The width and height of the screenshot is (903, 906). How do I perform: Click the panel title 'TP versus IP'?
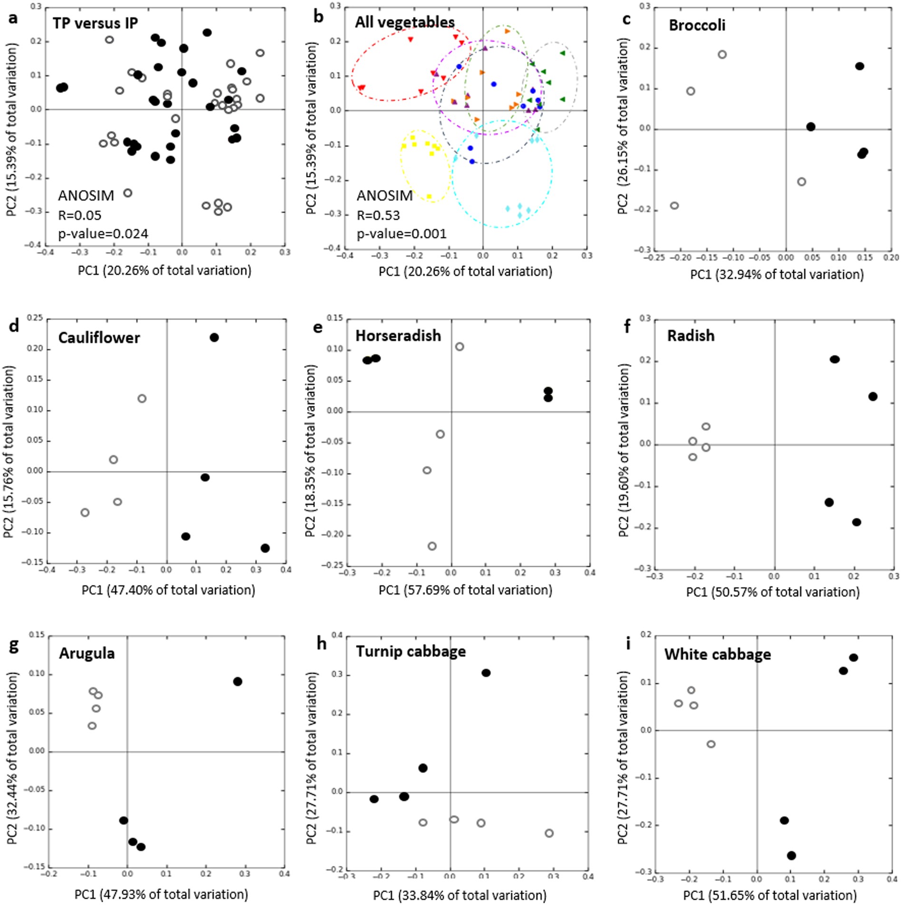(x=95, y=23)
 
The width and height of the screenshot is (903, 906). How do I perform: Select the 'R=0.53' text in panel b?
(x=378, y=215)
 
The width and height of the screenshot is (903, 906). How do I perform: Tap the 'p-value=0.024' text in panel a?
(x=103, y=234)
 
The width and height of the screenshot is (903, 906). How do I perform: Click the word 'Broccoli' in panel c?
(x=697, y=25)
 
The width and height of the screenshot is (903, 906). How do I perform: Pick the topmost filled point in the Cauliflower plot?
(x=214, y=337)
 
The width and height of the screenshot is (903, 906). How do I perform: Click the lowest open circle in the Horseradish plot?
(x=432, y=546)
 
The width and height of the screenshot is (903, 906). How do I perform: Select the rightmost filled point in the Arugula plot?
(x=238, y=681)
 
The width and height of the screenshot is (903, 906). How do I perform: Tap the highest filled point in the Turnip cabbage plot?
(x=486, y=673)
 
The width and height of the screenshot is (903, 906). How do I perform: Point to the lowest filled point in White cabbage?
(x=791, y=855)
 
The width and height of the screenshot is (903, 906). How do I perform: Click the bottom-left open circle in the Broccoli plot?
(x=674, y=206)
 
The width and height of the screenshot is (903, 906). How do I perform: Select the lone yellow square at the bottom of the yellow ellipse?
(x=429, y=197)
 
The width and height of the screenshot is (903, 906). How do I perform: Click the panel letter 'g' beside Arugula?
(x=14, y=647)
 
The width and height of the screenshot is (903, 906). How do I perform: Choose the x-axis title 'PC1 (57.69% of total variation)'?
(x=465, y=590)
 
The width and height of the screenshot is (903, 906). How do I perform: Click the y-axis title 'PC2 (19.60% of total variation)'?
(x=624, y=450)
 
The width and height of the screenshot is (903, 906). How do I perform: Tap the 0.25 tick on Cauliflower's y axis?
(x=36, y=318)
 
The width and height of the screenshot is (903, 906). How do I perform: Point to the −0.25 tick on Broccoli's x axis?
(x=653, y=257)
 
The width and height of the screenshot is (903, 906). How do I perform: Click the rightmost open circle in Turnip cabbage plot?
(x=549, y=833)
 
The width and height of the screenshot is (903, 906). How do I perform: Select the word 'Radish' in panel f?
(x=691, y=336)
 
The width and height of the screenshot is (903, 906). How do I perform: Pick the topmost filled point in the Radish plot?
(x=835, y=359)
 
